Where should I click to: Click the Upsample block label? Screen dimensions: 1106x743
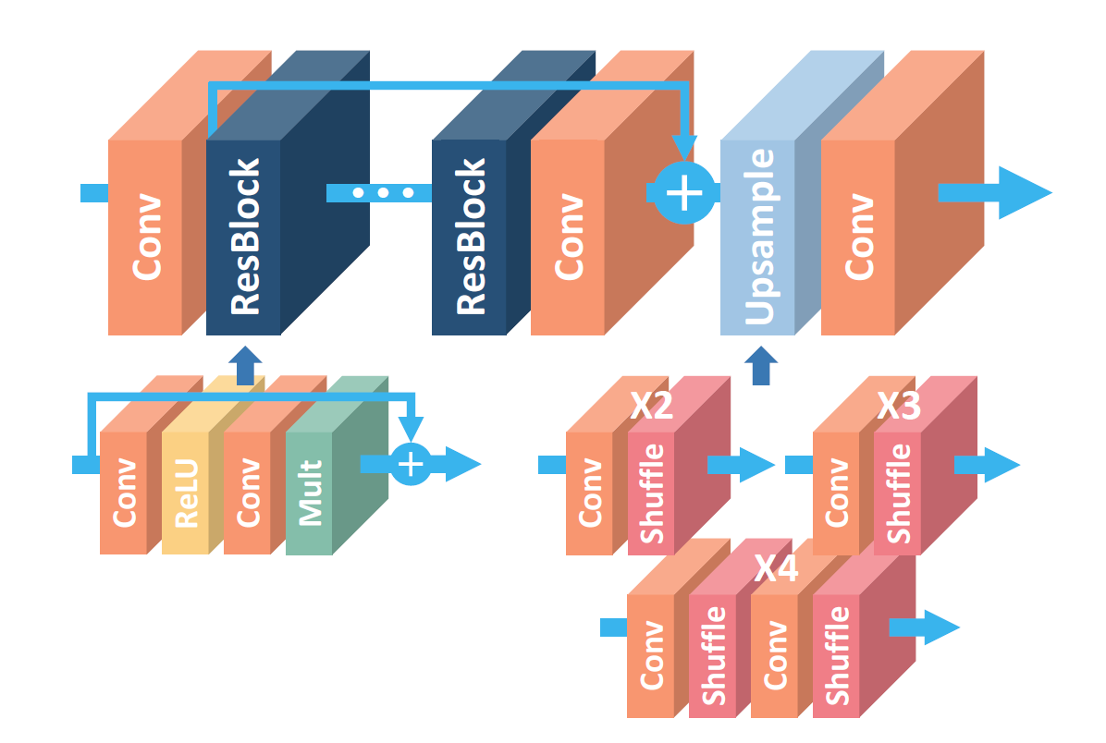point(759,237)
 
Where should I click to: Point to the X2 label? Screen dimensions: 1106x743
point(651,406)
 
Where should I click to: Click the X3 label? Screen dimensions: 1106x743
point(899,406)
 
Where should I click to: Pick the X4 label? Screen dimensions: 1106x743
point(776,568)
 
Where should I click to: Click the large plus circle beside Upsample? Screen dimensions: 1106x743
point(683,192)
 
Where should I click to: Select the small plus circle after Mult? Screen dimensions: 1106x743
point(411,464)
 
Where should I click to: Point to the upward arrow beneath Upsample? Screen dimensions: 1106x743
point(761,366)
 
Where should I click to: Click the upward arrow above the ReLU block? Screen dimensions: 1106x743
point(245,366)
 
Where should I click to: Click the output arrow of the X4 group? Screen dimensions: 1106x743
point(924,627)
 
